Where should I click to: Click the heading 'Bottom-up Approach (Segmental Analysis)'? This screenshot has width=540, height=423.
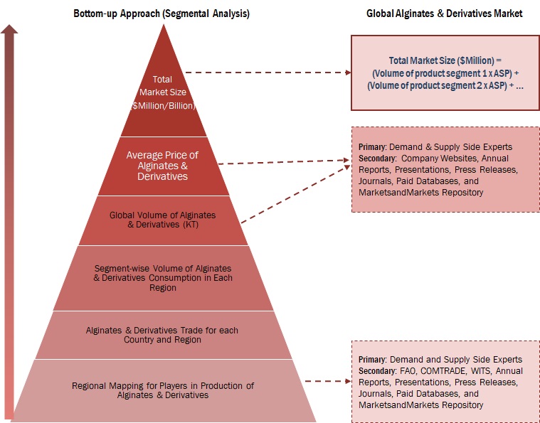tap(162, 14)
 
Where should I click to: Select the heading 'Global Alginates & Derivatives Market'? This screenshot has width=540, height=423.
tap(444, 14)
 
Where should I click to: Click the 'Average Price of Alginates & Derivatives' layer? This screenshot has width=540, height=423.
tap(162, 165)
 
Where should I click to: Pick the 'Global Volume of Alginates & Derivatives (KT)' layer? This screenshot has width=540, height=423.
tap(162, 220)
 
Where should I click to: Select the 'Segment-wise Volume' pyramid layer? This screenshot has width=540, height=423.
tap(163, 278)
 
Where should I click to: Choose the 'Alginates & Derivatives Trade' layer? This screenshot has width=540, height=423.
tap(163, 335)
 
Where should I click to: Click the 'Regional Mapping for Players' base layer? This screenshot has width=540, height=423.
tap(163, 390)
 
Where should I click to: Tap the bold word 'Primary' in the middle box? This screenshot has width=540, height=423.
tap(372, 146)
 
